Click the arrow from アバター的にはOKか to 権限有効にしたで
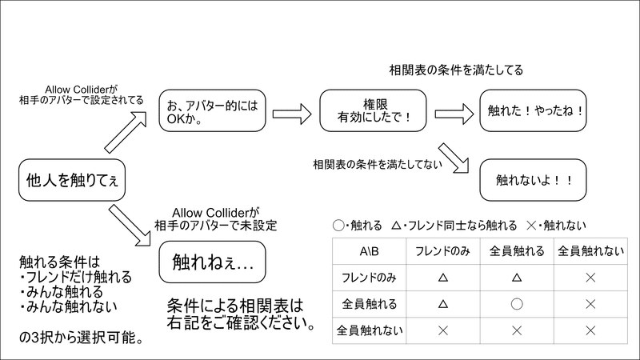(292, 114)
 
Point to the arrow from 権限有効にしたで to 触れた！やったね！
(454, 114)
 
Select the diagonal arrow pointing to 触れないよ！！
(454, 158)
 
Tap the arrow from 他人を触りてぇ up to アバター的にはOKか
(126, 132)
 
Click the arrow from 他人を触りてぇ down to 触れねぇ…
(130, 226)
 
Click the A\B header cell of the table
(369, 251)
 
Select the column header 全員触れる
(517, 251)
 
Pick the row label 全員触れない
(369, 330)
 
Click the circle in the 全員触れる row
(517, 304)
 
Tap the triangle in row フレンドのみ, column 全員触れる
(517, 278)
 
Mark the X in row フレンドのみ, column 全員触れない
(590, 278)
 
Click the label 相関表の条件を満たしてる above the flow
(456, 70)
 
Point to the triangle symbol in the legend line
(396, 226)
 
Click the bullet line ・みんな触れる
(62, 292)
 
